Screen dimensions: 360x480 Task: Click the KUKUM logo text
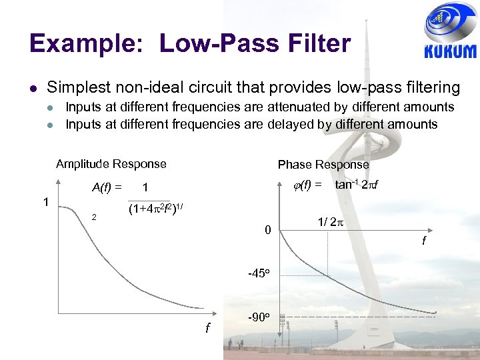click(x=450, y=51)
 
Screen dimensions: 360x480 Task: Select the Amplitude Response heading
click(x=111, y=164)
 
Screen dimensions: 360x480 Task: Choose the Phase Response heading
click(x=323, y=165)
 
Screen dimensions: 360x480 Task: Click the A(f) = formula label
click(x=107, y=188)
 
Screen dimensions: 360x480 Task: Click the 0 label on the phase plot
click(x=267, y=231)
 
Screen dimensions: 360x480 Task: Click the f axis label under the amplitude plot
click(x=207, y=328)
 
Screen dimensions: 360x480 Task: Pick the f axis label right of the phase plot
click(x=423, y=241)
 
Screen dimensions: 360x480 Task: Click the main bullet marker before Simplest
click(x=33, y=88)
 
